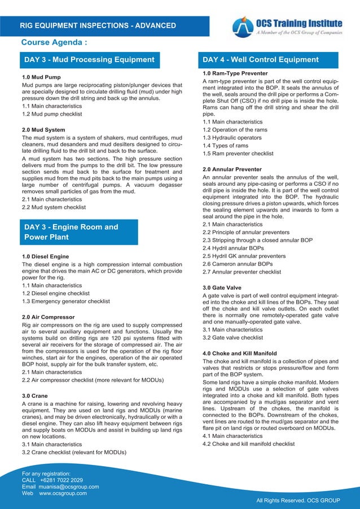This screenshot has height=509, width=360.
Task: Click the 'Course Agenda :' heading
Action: pyautogui.click(x=54, y=43)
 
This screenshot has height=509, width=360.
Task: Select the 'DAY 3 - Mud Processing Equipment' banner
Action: pyautogui.click(x=89, y=60)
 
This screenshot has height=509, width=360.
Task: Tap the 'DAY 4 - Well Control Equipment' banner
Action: pyautogui.click(x=261, y=60)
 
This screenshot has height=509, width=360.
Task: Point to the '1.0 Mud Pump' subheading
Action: pyautogui.click(x=42, y=77)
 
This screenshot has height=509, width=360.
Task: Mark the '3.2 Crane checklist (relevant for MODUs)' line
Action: pyautogui.click(x=73, y=452)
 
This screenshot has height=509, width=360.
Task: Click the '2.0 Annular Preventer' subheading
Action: pyautogui.click(x=232, y=169)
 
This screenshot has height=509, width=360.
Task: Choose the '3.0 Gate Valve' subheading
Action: pyautogui.click(x=222, y=288)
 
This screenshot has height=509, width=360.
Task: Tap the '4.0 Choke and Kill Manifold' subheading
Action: pyautogui.click(x=243, y=353)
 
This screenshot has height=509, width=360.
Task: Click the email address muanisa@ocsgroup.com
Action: pyautogui.click(x=69, y=486)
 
